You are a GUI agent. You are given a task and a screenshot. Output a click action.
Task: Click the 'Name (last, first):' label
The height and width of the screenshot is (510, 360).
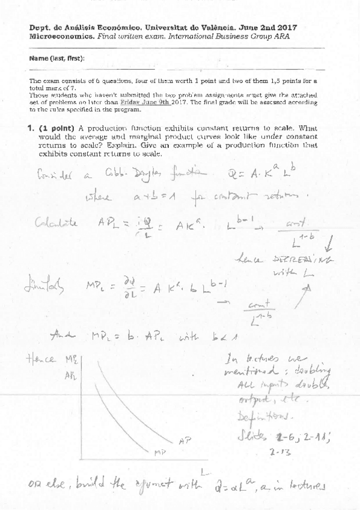(x=56, y=58)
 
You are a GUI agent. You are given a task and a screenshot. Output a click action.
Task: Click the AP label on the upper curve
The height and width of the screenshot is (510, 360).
(x=185, y=441)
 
